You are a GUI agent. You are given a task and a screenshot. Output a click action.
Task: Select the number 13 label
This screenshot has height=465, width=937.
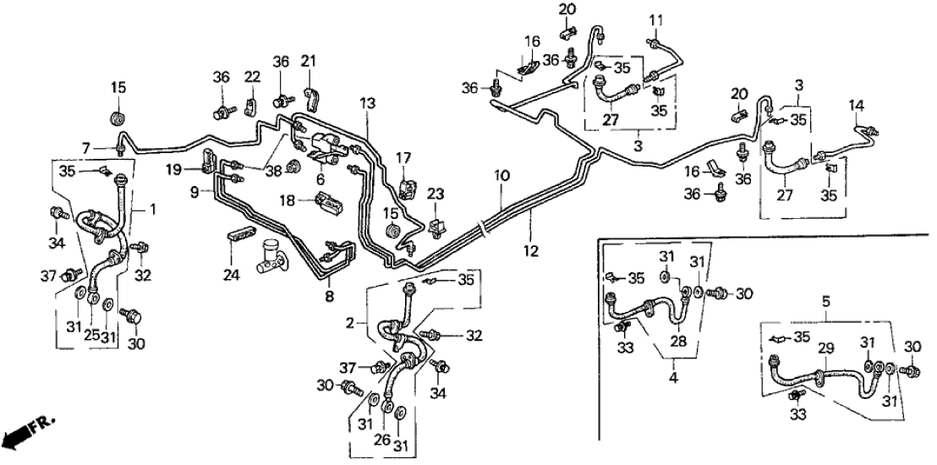coord(365,102)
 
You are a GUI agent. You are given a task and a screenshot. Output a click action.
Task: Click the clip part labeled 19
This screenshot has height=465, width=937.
coord(208,158)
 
